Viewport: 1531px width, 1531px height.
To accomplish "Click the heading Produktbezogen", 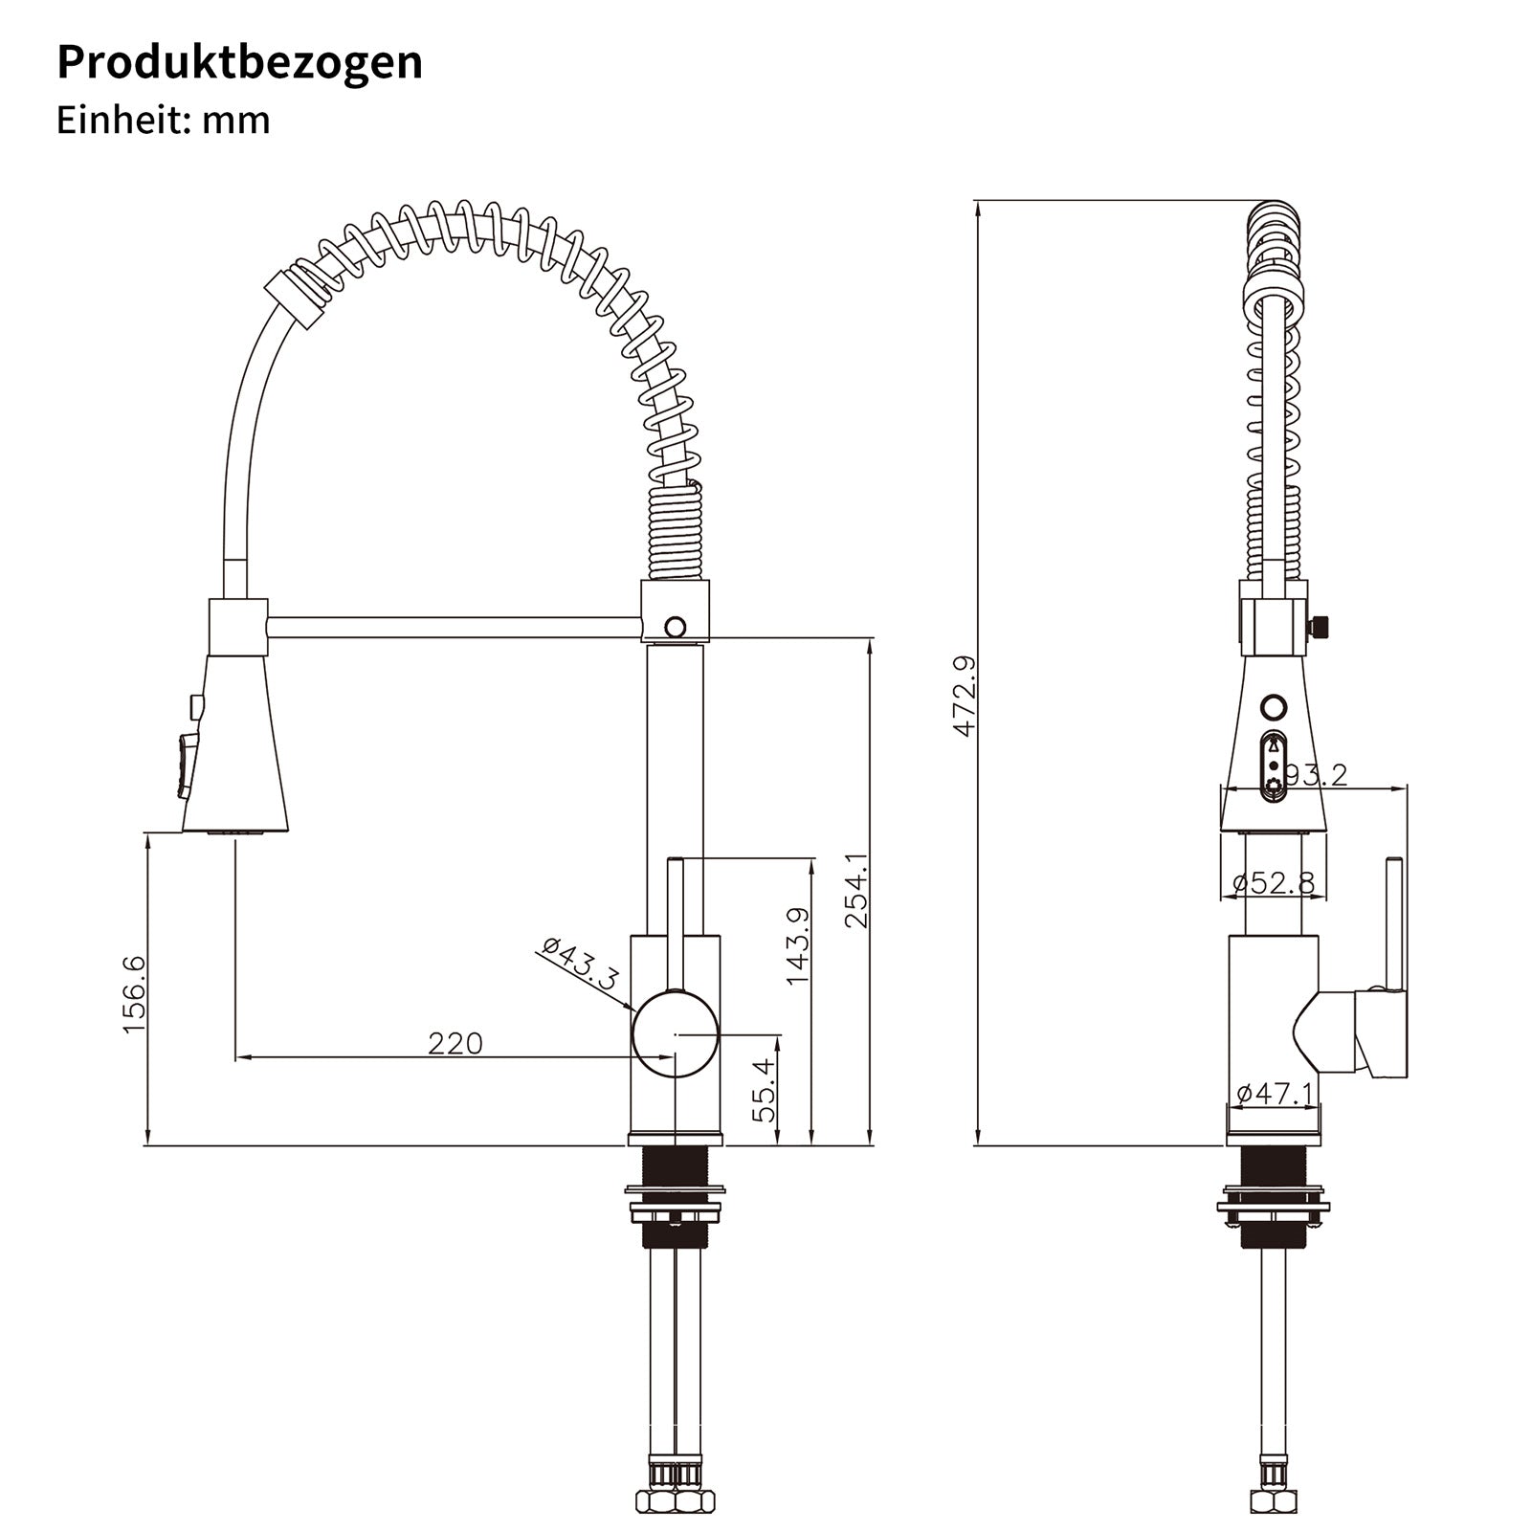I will tap(239, 62).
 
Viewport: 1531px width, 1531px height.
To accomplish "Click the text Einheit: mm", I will tap(163, 121).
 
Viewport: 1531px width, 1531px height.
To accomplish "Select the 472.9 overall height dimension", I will tap(964, 696).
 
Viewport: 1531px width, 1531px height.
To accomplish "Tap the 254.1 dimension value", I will tap(855, 890).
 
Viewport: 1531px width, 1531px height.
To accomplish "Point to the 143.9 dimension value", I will tap(797, 945).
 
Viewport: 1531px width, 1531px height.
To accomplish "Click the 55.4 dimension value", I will tap(763, 1091).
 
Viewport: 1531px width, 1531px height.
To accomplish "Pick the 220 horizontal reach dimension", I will tap(455, 1043).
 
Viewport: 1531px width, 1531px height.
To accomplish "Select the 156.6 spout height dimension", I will tap(134, 993).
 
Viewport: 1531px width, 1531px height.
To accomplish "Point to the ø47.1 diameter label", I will tap(1276, 1093).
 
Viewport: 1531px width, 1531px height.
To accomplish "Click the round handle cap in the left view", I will tap(675, 1033).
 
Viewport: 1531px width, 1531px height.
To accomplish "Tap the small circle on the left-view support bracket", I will tap(675, 628).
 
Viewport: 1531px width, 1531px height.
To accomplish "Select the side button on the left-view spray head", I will tap(187, 765).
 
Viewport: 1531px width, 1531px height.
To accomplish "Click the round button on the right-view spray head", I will tap(1274, 707).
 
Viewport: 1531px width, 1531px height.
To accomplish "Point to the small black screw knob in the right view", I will tap(1320, 627).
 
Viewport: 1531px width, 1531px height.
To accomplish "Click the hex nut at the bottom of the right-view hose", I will tap(1272, 1500).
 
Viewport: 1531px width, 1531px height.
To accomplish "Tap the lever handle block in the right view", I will tap(1381, 1033).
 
